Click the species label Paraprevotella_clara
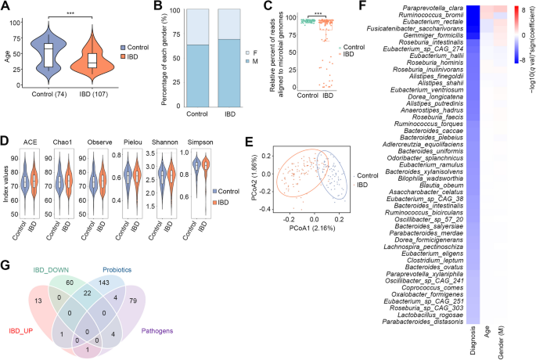click(429, 8)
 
